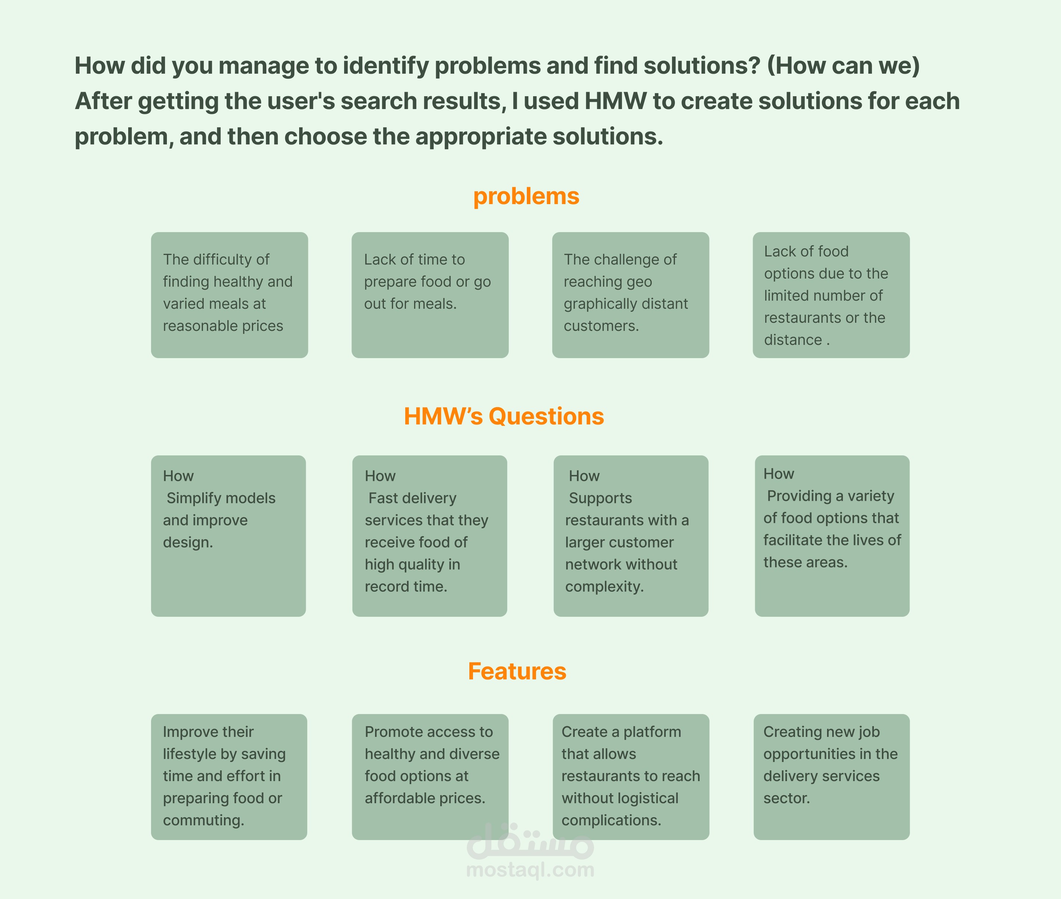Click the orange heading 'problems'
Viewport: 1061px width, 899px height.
(x=526, y=197)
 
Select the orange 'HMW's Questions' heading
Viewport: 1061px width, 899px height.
(x=504, y=416)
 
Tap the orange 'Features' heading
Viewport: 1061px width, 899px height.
(x=517, y=671)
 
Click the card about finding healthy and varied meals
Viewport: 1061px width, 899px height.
(x=229, y=295)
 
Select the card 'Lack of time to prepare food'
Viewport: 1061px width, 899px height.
(x=430, y=295)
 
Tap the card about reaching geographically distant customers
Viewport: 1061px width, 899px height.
(x=630, y=295)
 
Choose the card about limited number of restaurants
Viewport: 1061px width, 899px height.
(x=831, y=295)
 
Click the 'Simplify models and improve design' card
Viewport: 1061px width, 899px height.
(x=228, y=536)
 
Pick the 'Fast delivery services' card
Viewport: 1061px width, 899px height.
(x=430, y=536)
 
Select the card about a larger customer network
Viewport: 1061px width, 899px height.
(x=631, y=536)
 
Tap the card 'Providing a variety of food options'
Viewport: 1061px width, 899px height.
(x=832, y=536)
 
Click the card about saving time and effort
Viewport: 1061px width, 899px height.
(x=229, y=777)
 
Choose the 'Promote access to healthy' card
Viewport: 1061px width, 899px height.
(x=430, y=777)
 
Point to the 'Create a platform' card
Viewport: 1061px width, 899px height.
(x=631, y=777)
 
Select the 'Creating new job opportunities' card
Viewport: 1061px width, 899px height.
(x=832, y=777)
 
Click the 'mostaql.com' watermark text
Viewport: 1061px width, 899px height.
(x=530, y=870)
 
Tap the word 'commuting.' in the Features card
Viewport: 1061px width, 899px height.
(x=203, y=821)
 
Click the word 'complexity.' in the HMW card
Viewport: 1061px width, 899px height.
(x=605, y=587)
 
